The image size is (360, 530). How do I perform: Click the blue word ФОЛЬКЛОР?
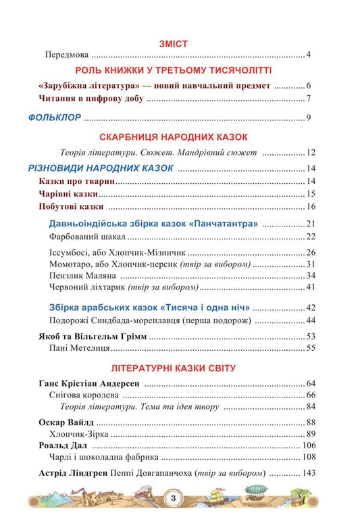pos(55,118)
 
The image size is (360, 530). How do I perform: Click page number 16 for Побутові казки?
pos(311,206)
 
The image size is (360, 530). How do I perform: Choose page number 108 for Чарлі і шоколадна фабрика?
pos(309,457)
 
